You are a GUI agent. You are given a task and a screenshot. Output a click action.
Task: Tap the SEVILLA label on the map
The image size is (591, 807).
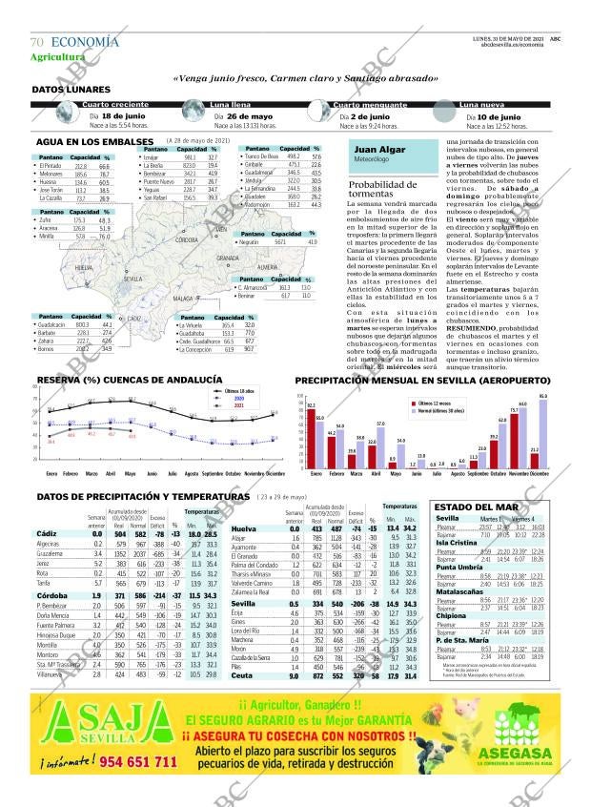[132, 279]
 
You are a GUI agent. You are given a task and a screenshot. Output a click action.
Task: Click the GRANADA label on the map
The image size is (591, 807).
[228, 259]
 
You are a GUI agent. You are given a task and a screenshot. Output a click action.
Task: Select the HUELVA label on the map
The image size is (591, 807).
[84, 270]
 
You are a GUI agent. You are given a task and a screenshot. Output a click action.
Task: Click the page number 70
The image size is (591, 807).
[37, 42]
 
